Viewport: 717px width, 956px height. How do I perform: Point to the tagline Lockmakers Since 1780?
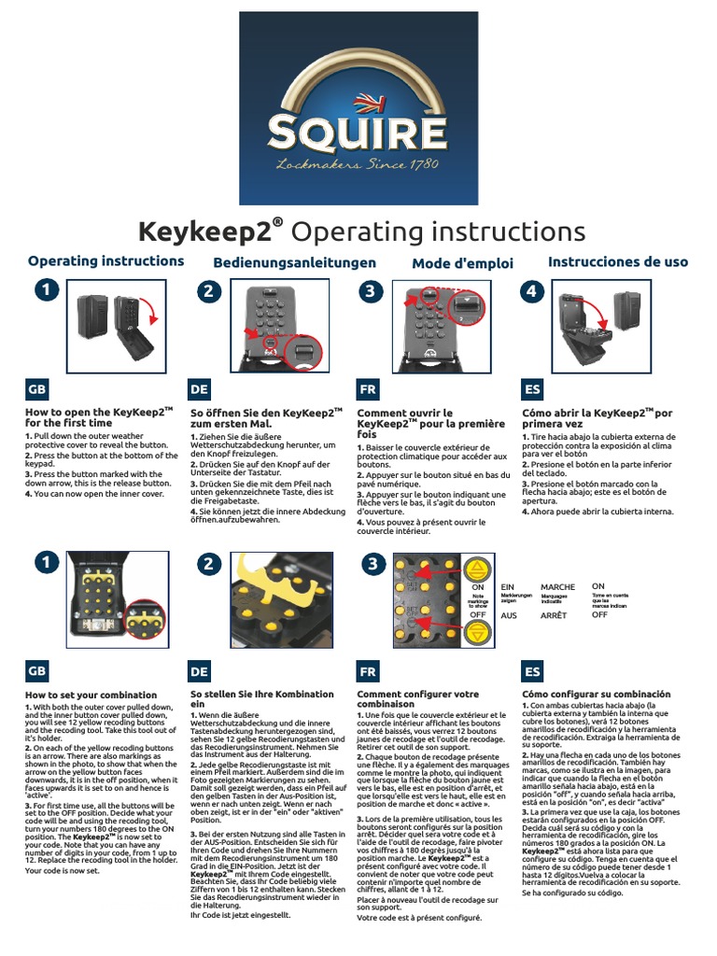358,165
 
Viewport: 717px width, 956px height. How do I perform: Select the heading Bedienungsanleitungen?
294,263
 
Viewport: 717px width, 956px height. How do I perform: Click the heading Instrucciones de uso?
617,262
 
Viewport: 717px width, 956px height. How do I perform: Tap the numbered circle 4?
532,291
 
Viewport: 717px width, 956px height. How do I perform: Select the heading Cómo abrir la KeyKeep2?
597,417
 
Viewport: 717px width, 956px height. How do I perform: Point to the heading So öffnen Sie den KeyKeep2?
266,417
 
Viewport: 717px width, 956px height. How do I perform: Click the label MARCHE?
558,587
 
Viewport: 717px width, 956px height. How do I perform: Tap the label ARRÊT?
555,616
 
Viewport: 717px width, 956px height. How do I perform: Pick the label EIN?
509,587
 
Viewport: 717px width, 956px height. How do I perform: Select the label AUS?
509,616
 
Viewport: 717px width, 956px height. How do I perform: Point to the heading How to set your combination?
91,695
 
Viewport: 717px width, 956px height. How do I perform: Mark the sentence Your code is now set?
62,870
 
